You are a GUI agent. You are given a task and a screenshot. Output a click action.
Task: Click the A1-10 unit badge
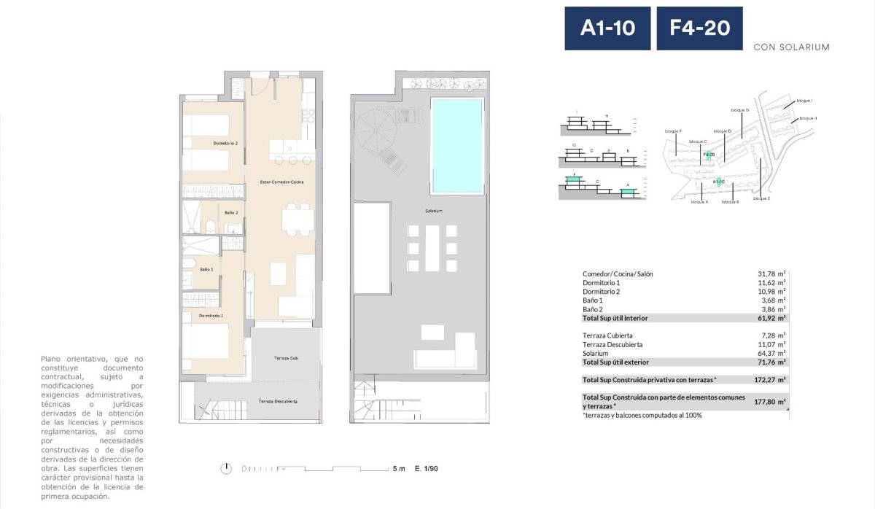[x=607, y=28]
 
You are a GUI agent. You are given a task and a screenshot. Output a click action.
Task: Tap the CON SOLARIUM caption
[x=791, y=47]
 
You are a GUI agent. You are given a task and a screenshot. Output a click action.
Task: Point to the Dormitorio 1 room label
[x=211, y=315]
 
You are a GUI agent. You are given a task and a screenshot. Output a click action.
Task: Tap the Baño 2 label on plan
[x=231, y=212]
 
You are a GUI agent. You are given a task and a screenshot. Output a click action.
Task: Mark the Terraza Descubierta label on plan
[x=278, y=402]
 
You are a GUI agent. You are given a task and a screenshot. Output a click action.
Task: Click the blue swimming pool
[x=457, y=146]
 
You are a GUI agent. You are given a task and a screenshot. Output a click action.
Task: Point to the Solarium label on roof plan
[x=435, y=211]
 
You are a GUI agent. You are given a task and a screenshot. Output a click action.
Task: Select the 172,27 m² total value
[x=769, y=380]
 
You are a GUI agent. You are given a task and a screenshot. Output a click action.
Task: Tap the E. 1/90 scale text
[x=427, y=469]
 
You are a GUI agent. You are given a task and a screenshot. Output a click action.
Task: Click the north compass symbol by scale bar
[x=228, y=468]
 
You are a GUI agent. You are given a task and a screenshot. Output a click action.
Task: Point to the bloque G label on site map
[x=739, y=110]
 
